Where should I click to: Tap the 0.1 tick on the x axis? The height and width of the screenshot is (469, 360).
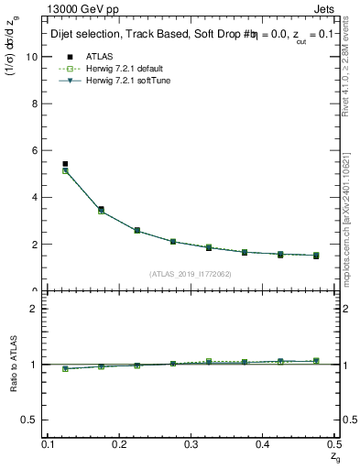(49, 444)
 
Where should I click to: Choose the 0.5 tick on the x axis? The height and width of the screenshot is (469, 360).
(333, 444)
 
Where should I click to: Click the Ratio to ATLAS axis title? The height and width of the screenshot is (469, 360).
(14, 364)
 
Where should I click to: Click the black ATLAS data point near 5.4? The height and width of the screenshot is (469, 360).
(65, 164)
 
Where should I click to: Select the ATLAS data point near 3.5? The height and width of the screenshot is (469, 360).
(101, 209)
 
